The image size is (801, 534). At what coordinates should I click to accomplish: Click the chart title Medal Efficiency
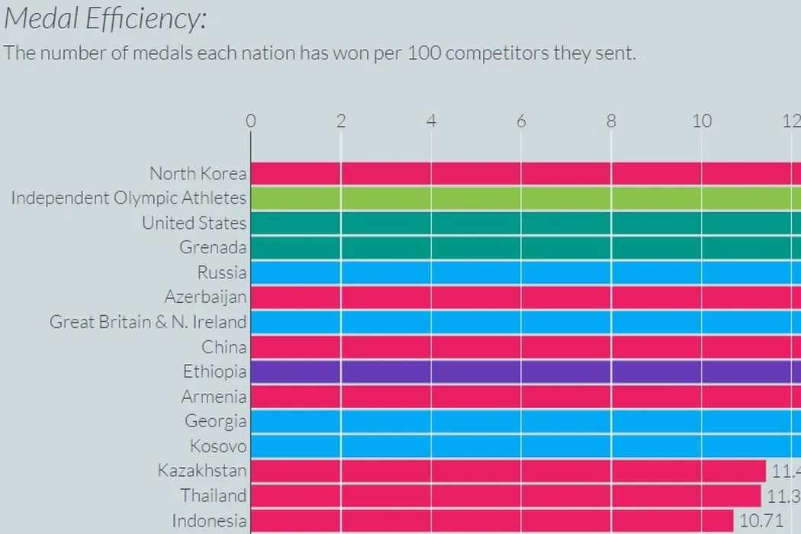[105, 19]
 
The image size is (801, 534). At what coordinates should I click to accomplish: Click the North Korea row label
[198, 173]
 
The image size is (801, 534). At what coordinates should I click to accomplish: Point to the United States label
[194, 223]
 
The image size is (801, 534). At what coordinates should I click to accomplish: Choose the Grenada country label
[213, 247]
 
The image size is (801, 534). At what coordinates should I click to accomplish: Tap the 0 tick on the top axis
[251, 121]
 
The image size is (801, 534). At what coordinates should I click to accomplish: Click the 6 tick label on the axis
[521, 121]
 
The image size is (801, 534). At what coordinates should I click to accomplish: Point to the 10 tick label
[701, 121]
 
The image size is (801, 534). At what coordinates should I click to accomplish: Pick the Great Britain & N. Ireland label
[148, 322]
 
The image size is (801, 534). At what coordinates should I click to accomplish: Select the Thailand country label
[214, 495]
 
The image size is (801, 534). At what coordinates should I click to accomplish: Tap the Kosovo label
[218, 446]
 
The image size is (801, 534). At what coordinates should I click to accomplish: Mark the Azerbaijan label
[205, 297]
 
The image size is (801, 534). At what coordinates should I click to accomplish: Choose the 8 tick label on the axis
[611, 121]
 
